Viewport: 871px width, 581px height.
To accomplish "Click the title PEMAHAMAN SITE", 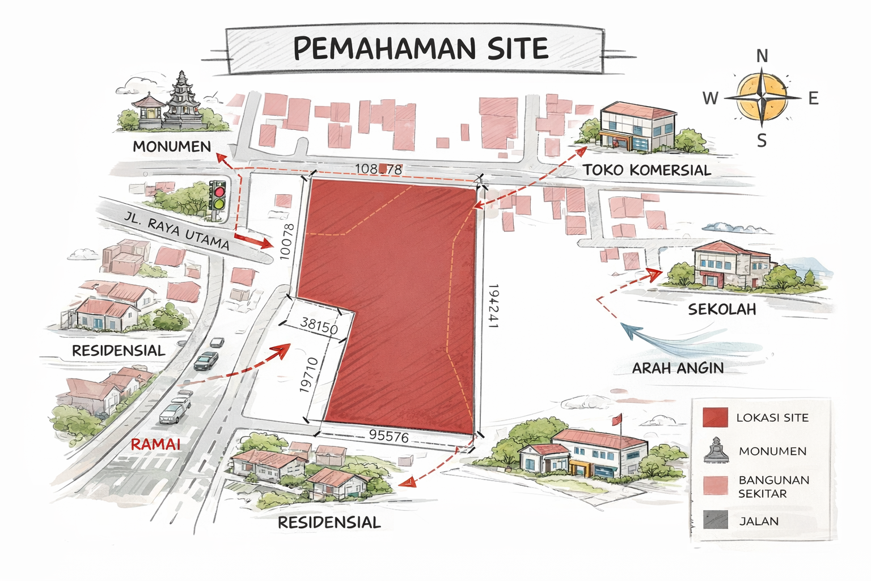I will (x=420, y=49).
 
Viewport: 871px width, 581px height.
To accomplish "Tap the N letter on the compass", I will (x=762, y=56).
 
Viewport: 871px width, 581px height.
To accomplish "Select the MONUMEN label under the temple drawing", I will (x=172, y=146).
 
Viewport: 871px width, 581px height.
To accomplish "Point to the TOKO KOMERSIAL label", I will (x=646, y=170).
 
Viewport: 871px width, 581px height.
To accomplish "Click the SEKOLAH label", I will (x=722, y=309).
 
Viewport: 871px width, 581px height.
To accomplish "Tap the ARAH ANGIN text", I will (x=678, y=368).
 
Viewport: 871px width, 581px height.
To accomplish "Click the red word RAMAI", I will (x=155, y=444).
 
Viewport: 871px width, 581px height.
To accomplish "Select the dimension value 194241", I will (x=492, y=306).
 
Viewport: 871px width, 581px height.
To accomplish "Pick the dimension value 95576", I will (x=388, y=436).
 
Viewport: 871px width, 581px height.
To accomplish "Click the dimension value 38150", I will (x=319, y=326).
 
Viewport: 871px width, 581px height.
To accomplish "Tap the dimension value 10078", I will (x=287, y=242).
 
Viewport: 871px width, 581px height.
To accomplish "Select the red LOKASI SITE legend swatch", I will (x=714, y=418).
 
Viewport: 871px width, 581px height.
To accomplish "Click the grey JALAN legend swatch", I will (x=714, y=520).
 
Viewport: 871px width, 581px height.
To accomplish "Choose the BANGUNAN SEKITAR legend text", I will (x=773, y=486).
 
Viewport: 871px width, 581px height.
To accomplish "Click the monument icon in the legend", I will (x=716, y=450).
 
